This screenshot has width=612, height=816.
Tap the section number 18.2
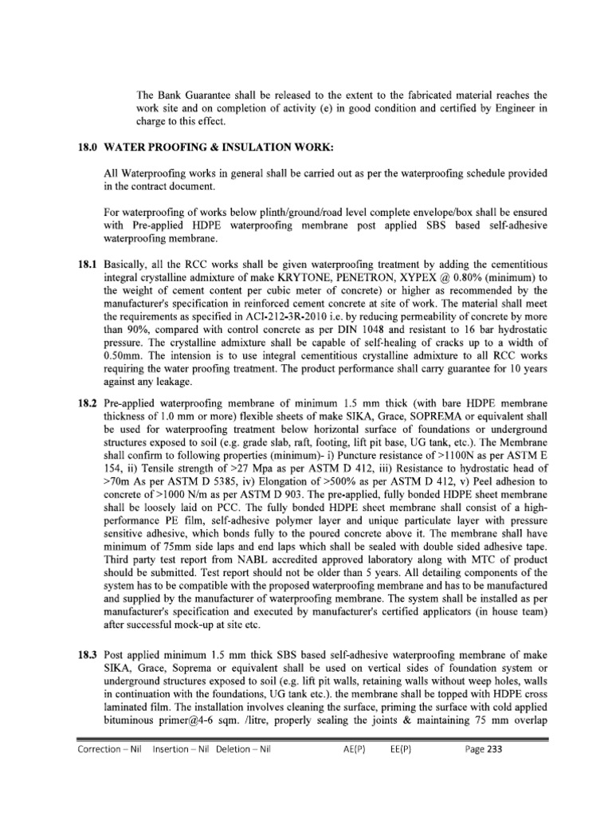(x=87, y=405)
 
